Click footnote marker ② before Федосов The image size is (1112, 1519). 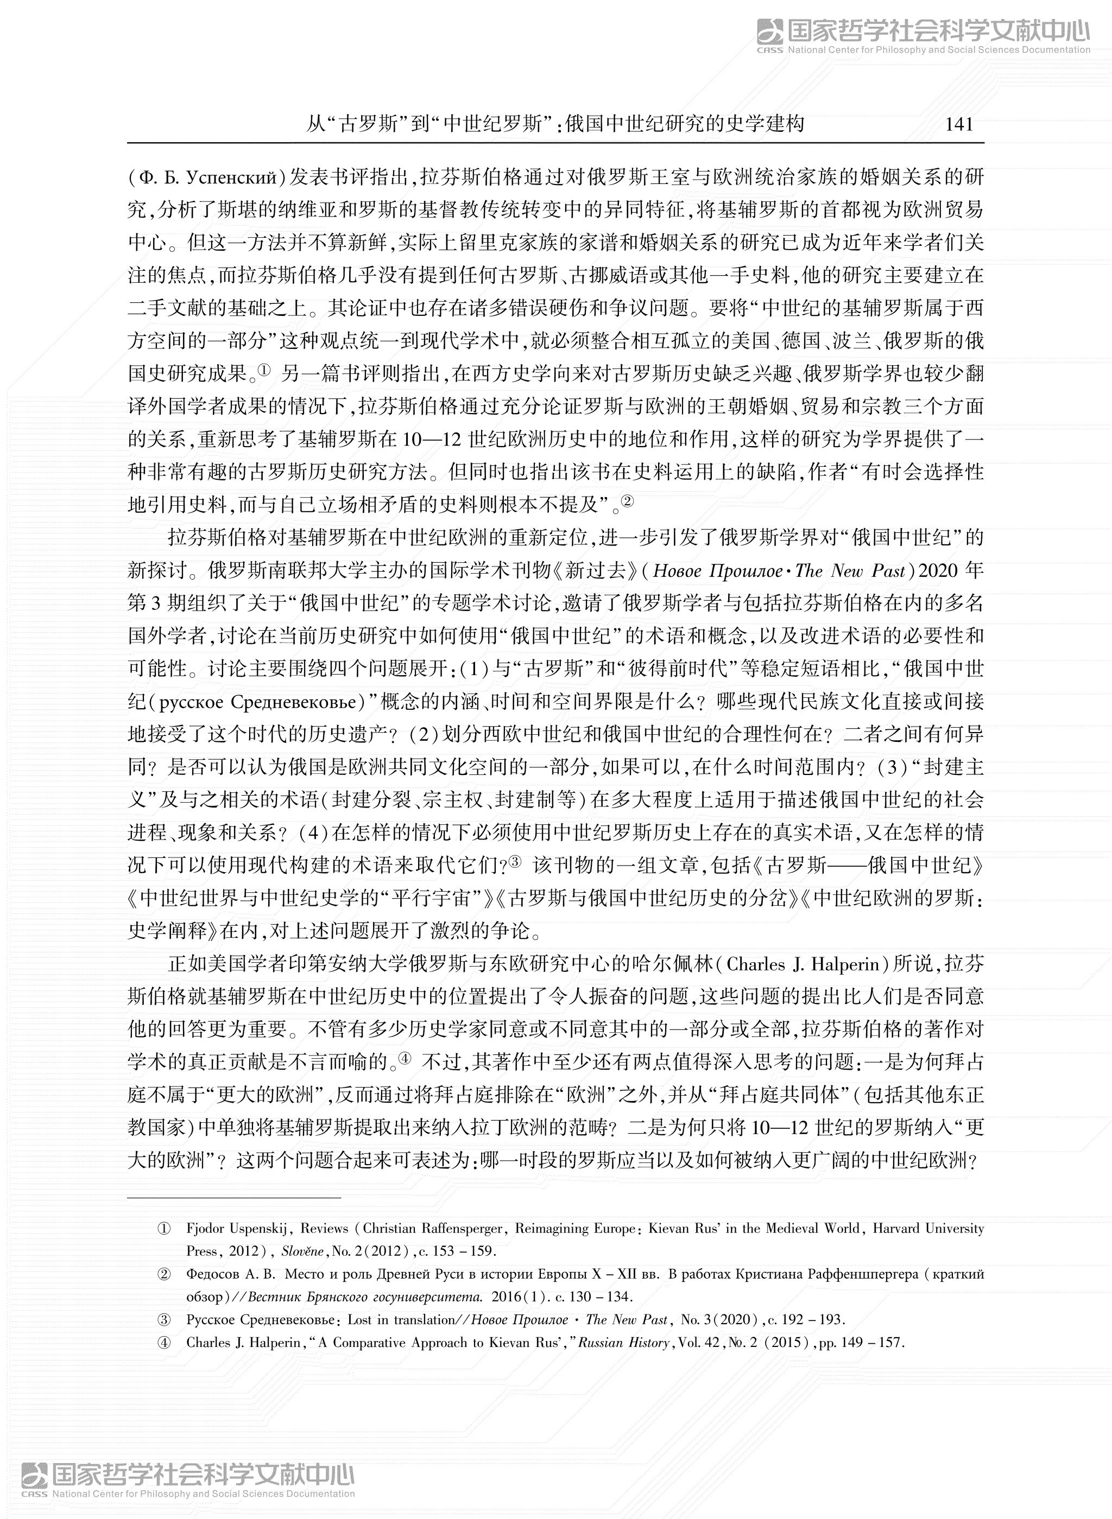[163, 1274]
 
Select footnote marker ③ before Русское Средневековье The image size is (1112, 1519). [163, 1319]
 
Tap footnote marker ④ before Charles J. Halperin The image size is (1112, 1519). [163, 1343]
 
